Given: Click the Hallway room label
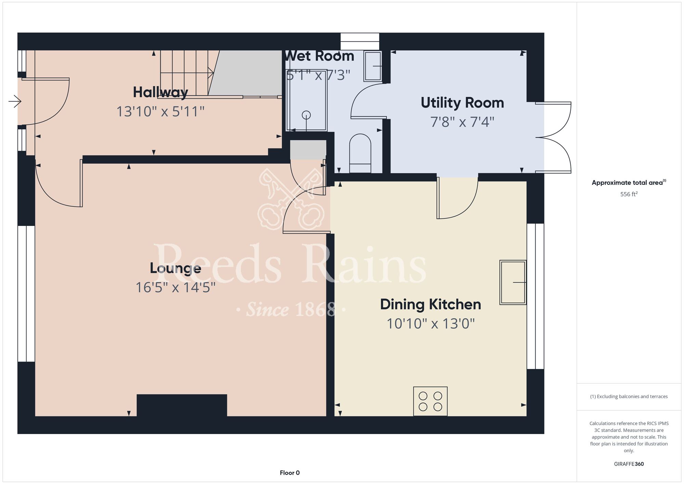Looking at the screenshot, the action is (x=160, y=92).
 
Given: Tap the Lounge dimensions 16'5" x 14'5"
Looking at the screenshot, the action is (x=175, y=288).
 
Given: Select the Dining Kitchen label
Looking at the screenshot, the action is (x=431, y=304).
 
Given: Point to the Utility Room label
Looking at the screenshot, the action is (x=462, y=103).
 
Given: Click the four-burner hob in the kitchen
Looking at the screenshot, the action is (x=430, y=401).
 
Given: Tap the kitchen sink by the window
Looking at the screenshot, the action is (x=513, y=282).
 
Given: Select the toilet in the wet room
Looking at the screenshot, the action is (x=360, y=153).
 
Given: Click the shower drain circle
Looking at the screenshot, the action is (x=306, y=115).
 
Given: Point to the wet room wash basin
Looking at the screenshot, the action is (x=372, y=66).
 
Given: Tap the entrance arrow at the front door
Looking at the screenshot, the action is (x=15, y=101).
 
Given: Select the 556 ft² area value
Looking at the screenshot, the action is (x=629, y=194).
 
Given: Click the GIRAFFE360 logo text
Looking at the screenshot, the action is (x=629, y=464).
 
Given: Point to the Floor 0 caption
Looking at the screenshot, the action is (x=290, y=473).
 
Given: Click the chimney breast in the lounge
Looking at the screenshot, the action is (x=182, y=405).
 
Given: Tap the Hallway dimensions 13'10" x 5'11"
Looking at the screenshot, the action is (x=160, y=112).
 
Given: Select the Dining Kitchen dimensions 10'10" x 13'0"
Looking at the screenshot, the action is (x=431, y=323).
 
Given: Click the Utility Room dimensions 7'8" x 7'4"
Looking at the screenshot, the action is (x=462, y=122).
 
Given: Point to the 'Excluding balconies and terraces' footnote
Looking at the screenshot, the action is (x=629, y=396).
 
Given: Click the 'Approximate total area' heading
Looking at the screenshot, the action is (x=629, y=182).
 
